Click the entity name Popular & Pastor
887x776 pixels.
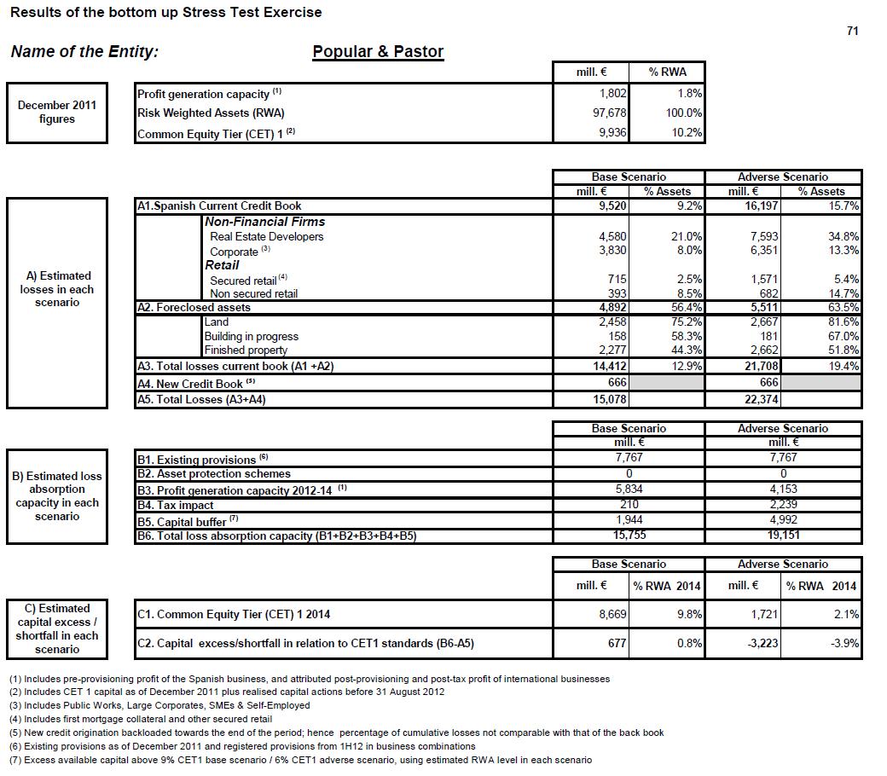pyautogui.click(x=378, y=52)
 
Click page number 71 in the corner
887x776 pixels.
pyautogui.click(x=852, y=31)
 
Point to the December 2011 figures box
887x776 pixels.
pyautogui.click(x=57, y=113)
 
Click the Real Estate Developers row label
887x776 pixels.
pyautogui.click(x=266, y=236)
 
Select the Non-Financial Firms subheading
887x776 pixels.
pyautogui.click(x=264, y=222)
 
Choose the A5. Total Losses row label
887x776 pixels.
pyautogui.click(x=201, y=399)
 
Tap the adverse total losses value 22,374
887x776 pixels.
pyautogui.click(x=757, y=399)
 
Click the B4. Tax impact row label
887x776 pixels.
pyautogui.click(x=176, y=505)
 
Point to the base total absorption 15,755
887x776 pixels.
pyautogui.click(x=629, y=536)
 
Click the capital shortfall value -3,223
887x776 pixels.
pyautogui.click(x=761, y=644)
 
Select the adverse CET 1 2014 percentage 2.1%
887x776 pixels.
pyautogui.click(x=844, y=614)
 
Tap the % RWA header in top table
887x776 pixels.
pyautogui.click(x=667, y=72)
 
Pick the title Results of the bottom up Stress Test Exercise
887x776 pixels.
pyautogui.click(x=166, y=12)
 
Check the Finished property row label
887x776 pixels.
pyautogui.click(x=246, y=350)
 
